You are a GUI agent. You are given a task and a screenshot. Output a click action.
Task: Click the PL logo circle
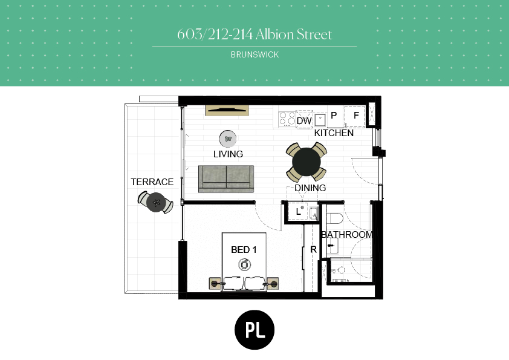(254, 330)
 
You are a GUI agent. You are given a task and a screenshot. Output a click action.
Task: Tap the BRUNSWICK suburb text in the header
(255, 54)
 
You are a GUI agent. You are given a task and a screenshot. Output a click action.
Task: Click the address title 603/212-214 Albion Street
(254, 34)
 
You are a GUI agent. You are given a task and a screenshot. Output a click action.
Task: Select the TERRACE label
(152, 182)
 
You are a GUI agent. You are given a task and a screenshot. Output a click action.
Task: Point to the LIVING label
(229, 154)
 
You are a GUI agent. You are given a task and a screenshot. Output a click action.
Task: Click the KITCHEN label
(334, 133)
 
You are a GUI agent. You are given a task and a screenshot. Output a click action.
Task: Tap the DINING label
(310, 188)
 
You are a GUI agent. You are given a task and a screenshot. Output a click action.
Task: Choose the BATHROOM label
(347, 234)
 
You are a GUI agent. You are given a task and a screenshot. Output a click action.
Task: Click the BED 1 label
(244, 249)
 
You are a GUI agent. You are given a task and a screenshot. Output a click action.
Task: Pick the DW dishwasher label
(304, 121)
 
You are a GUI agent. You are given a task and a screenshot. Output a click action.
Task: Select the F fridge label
(356, 116)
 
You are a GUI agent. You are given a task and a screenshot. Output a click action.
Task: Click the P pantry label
(334, 116)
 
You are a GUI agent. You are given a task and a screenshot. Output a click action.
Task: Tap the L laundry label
(298, 212)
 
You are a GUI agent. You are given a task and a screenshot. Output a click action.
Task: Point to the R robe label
(313, 249)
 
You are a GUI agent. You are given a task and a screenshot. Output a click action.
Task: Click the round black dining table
(306, 162)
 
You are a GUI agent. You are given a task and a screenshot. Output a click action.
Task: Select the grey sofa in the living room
(226, 178)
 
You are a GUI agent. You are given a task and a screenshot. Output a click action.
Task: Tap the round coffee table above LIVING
(228, 139)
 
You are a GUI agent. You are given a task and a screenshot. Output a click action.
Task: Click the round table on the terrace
(156, 203)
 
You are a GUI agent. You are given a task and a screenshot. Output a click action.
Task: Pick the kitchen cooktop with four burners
(287, 119)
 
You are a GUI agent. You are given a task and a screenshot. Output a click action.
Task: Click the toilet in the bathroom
(334, 218)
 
